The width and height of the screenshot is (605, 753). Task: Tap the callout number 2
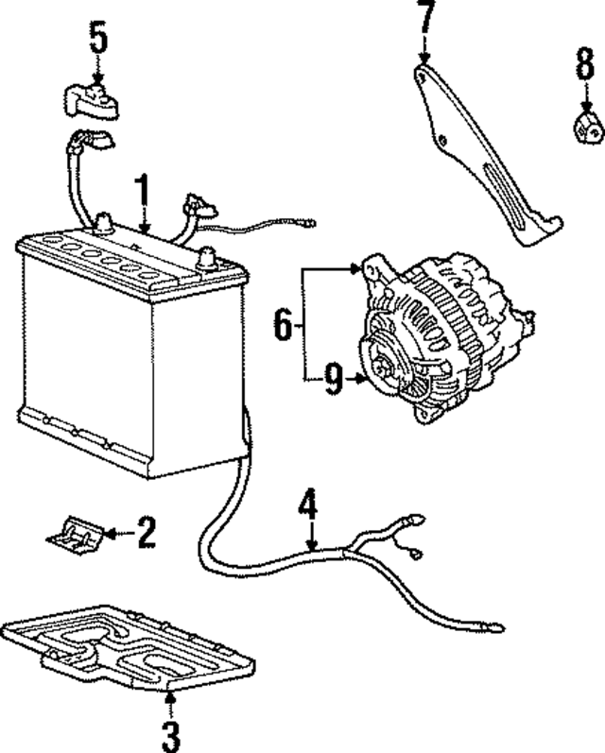(146, 534)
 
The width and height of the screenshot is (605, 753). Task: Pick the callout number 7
(426, 16)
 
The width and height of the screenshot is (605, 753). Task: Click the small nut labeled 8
(585, 126)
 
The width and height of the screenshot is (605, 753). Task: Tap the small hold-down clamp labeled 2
(74, 535)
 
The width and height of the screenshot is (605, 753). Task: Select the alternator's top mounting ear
(371, 268)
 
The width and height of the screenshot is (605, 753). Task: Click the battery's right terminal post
(207, 255)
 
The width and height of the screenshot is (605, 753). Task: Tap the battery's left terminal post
(102, 223)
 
